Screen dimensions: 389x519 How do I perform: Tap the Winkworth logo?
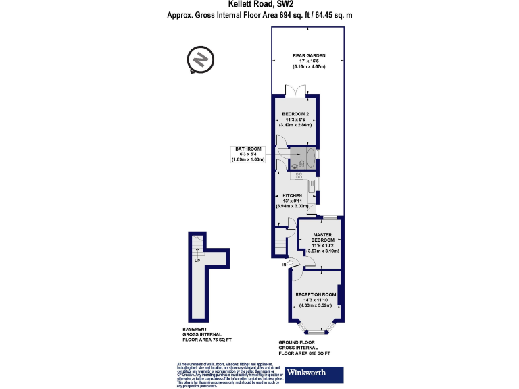click(x=314, y=373)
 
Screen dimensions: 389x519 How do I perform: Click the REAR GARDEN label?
click(x=309, y=55)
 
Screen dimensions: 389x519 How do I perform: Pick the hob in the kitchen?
click(x=299, y=176)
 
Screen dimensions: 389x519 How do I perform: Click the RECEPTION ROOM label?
click(x=316, y=295)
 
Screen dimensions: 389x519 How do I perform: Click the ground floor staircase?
click(x=280, y=242)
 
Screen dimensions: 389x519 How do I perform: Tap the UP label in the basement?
click(x=197, y=260)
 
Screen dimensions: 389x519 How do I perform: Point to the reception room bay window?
click(x=316, y=331)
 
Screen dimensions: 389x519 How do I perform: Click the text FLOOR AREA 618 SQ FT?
click(x=305, y=353)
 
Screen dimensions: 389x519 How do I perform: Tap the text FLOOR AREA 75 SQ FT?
click(x=207, y=340)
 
